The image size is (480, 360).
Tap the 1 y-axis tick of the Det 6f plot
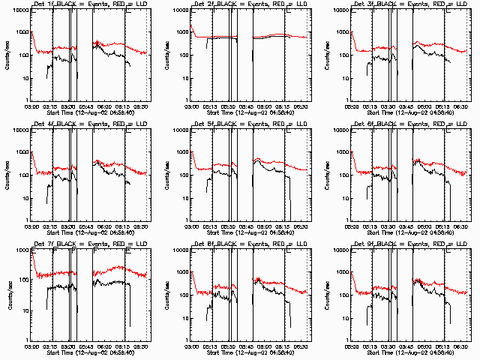coord(346,220)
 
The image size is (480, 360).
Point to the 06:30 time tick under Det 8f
coord(304,346)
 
